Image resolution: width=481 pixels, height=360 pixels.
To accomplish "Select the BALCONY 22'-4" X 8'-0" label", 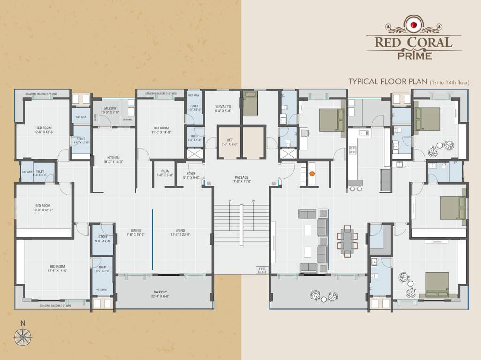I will pyautogui.click(x=160, y=294).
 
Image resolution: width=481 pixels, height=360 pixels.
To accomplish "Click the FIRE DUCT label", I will pyautogui.click(x=262, y=270).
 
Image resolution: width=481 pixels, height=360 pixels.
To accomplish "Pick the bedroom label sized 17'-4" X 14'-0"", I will pyautogui.click(x=57, y=269).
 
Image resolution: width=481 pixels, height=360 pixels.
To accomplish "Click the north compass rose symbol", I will pyautogui.click(x=22, y=336).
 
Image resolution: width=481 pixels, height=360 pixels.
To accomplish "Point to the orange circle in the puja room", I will pyautogui.click(x=312, y=173).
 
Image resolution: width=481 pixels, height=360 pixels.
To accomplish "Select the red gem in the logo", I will pyautogui.click(x=413, y=25).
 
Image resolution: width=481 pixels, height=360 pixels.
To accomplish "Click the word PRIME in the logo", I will pyautogui.click(x=413, y=56).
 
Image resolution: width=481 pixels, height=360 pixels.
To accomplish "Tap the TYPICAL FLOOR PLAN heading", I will pyautogui.click(x=387, y=82).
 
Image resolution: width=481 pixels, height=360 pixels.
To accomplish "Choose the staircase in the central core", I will pyautogui.click(x=241, y=224).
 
